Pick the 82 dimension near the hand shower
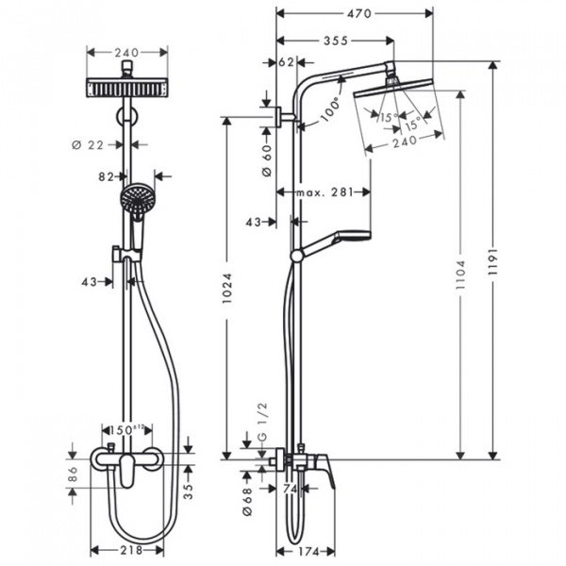tap(105, 175)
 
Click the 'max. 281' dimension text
tap(323, 191)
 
